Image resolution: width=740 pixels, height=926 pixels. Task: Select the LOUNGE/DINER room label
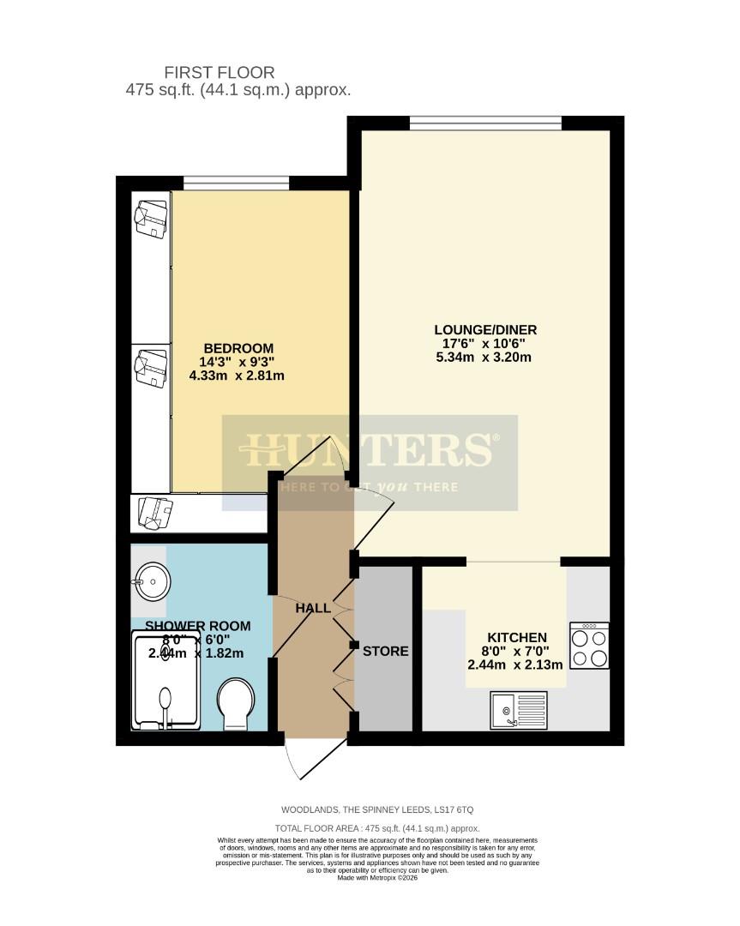tap(485, 329)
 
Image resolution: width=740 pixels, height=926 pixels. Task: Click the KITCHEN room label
tap(517, 637)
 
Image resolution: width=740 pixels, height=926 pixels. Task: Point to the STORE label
tap(385, 651)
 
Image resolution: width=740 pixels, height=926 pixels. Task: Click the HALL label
tap(313, 608)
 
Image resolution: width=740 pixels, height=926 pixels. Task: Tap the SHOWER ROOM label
tap(197, 626)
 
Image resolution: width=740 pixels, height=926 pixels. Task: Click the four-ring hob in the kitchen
tap(589, 645)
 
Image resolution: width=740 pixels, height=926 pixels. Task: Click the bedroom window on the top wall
tap(236, 182)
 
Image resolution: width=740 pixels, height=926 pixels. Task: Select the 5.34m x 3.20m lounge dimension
tap(485, 357)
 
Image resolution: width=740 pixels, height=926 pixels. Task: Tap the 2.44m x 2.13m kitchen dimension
tap(515, 664)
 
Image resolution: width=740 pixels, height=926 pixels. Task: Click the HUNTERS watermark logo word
tap(370, 448)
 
